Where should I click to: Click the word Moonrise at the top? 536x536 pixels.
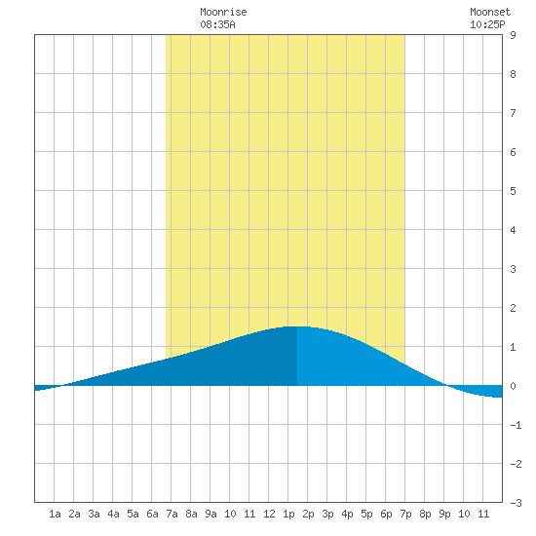(223, 12)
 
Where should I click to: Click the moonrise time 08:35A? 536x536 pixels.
(217, 24)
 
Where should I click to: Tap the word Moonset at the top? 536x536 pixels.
(490, 12)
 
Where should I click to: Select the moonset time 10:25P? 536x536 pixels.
(487, 24)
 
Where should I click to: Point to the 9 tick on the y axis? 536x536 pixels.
(513, 35)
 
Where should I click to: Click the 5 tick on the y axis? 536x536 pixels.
(513, 191)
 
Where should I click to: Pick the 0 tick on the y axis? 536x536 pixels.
(513, 386)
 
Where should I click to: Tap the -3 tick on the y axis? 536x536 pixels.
(516, 503)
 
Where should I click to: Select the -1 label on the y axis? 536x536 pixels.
(516, 425)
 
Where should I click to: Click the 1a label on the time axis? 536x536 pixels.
(55, 514)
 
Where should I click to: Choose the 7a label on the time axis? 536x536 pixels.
(172, 514)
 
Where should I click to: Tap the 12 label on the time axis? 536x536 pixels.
(269, 514)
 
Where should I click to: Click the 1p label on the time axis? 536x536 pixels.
(288, 514)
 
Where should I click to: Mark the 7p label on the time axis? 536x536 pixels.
(405, 514)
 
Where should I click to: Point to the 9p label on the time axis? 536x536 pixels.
(444, 514)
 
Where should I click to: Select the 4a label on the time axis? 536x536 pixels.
(113, 514)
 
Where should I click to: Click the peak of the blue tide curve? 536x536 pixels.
(296, 326)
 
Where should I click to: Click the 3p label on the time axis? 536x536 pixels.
(327, 514)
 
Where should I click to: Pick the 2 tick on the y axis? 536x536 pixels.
(513, 308)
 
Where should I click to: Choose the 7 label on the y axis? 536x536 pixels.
(513, 113)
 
